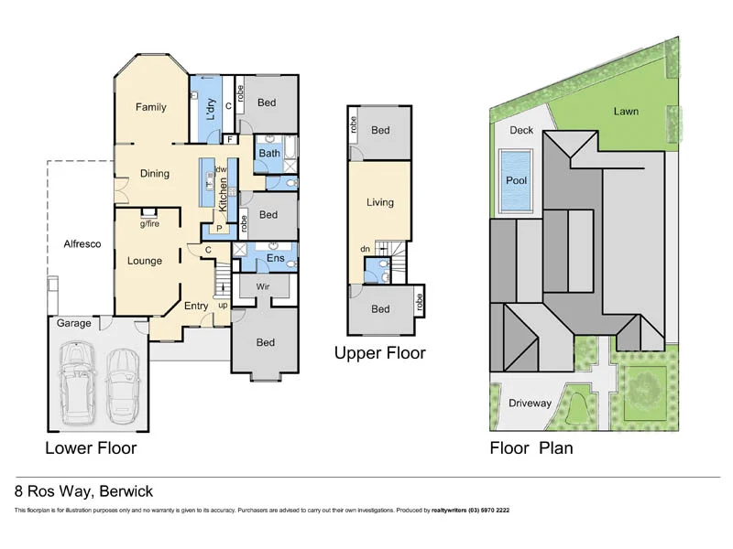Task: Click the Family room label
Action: tap(151, 107)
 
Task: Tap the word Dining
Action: tap(155, 173)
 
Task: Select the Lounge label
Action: tap(145, 261)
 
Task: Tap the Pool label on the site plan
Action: tap(517, 180)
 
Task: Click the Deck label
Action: tap(521, 130)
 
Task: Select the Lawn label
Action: tap(627, 112)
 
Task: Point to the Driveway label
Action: tap(531, 403)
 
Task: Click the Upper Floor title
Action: tap(379, 352)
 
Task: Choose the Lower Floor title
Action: tap(91, 447)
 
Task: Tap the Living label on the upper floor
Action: tap(379, 202)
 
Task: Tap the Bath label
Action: tap(268, 154)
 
